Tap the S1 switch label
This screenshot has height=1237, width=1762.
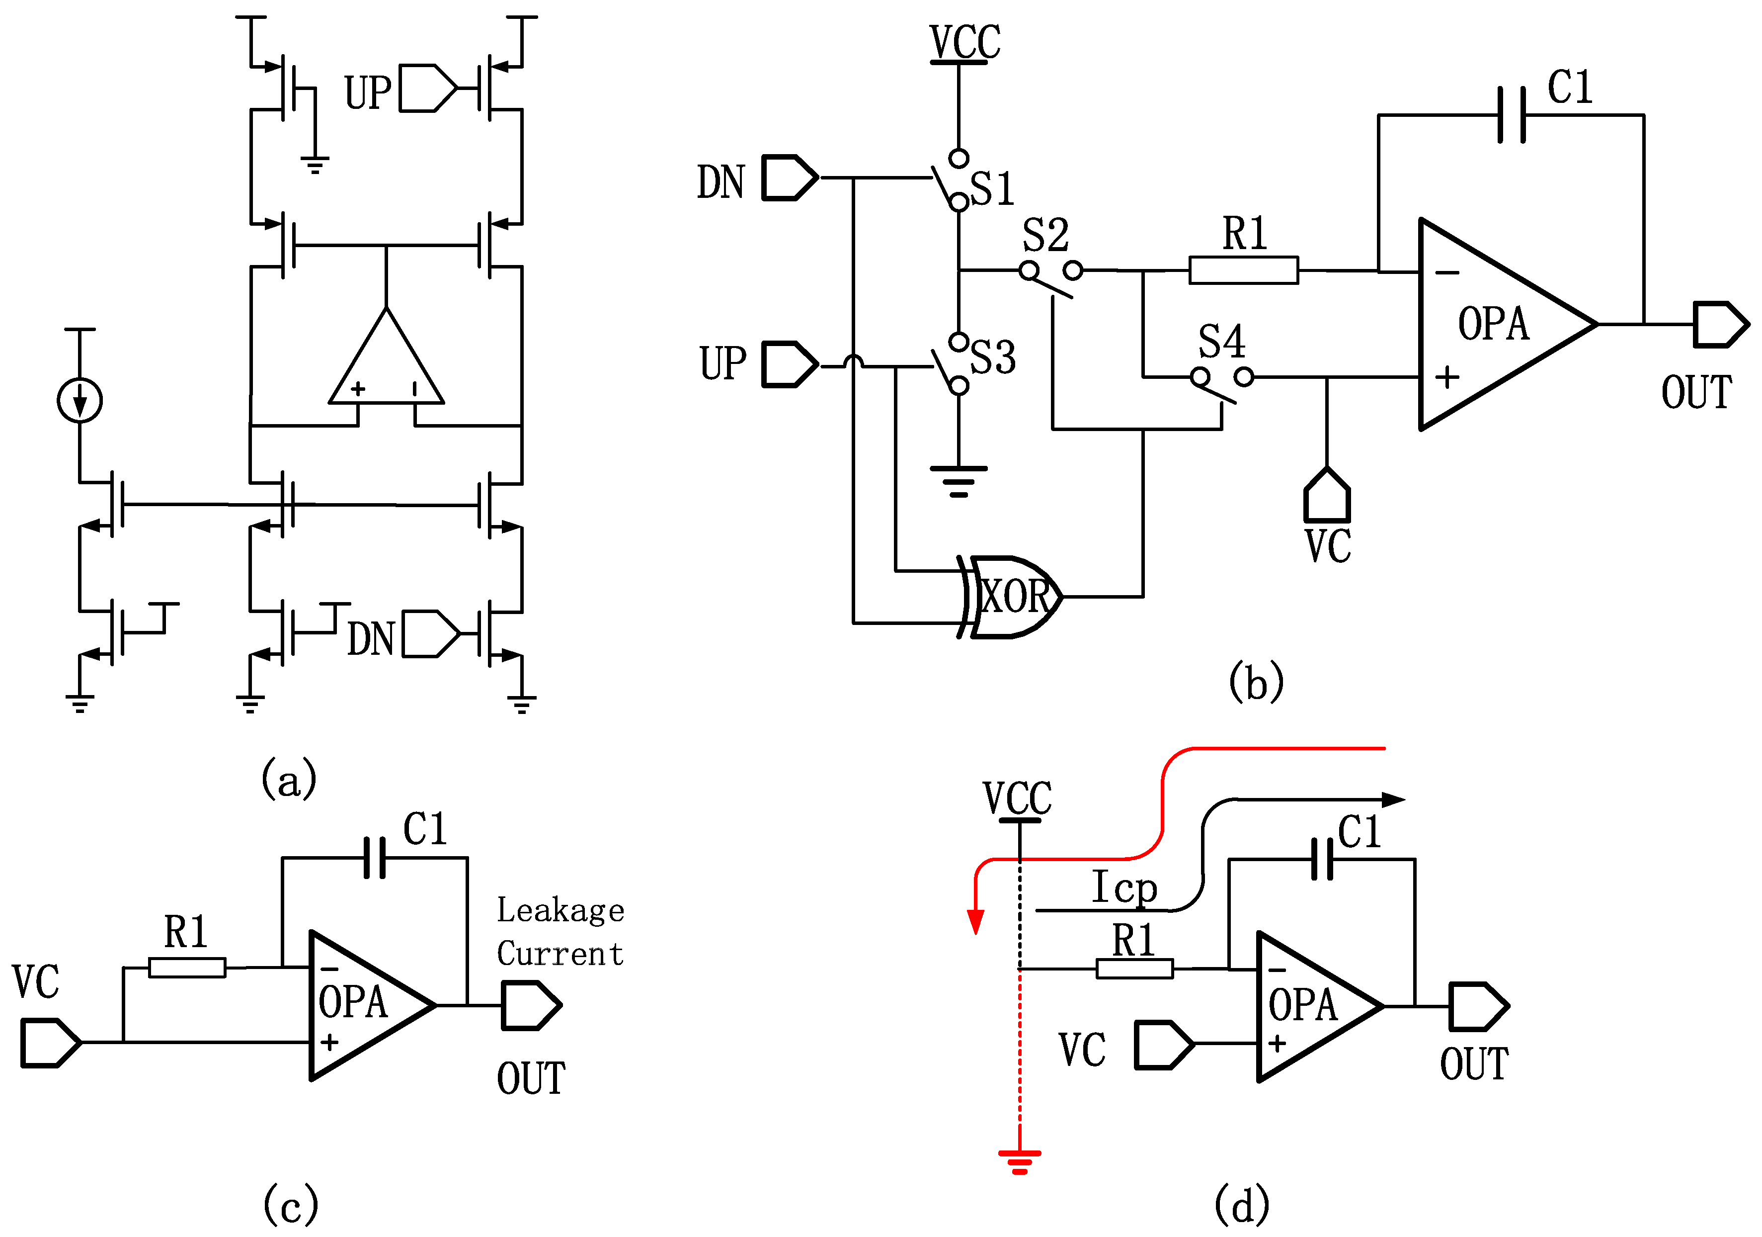(992, 189)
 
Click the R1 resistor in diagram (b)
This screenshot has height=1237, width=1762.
(1243, 270)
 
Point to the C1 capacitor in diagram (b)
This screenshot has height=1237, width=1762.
(1512, 115)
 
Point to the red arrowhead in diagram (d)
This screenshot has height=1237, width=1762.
(975, 921)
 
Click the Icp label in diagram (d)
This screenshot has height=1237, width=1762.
(1124, 888)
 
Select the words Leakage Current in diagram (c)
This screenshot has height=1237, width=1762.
(560, 931)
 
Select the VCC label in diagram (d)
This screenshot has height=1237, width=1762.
(1018, 798)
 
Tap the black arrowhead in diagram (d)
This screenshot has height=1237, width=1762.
(1392, 800)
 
